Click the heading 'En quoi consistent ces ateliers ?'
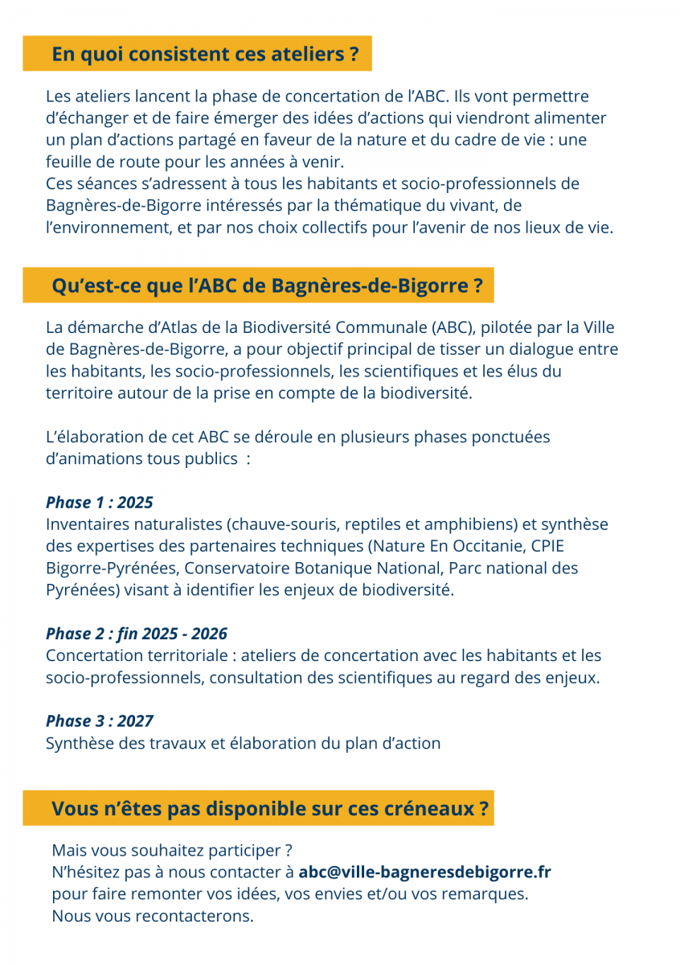205,55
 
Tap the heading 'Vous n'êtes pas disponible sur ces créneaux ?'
270,809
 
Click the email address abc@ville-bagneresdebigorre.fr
424,872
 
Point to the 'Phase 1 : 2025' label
100,503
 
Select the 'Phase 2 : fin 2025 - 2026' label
137,634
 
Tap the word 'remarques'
490,893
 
